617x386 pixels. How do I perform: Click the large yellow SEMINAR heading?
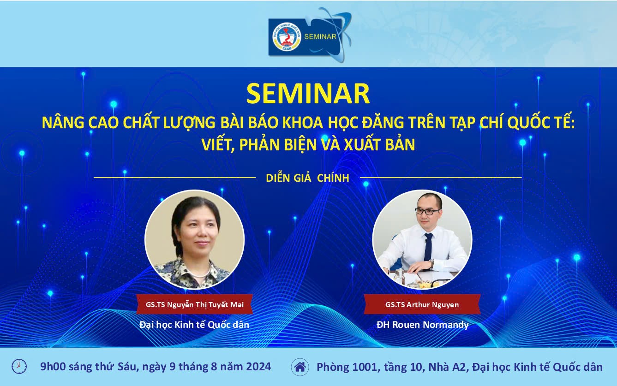click(x=308, y=94)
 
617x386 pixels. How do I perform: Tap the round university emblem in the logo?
click(x=287, y=36)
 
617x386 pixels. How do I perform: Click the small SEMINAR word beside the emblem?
click(x=320, y=36)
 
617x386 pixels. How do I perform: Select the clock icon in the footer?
click(x=19, y=367)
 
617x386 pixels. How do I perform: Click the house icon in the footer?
click(x=300, y=367)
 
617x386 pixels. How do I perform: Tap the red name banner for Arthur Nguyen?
click(x=422, y=304)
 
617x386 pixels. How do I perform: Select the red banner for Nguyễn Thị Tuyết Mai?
click(x=194, y=304)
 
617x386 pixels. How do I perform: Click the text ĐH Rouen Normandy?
click(x=422, y=325)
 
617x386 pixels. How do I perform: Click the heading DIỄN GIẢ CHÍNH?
click(x=307, y=178)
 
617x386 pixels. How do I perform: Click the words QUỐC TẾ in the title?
click(x=541, y=123)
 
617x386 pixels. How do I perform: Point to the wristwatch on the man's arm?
click(x=431, y=265)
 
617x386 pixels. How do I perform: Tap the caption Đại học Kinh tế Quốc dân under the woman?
click(x=194, y=325)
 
